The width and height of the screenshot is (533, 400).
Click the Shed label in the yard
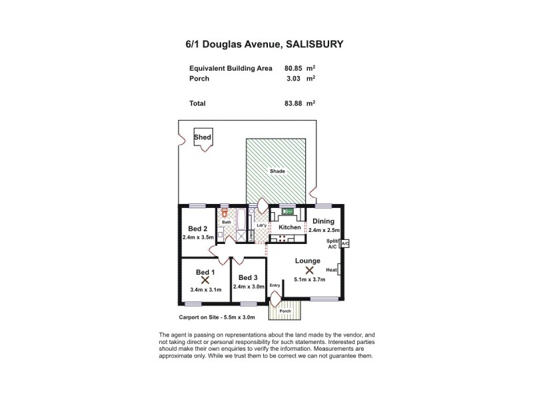pyautogui.click(x=203, y=137)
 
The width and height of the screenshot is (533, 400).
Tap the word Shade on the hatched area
pyautogui.click(x=277, y=171)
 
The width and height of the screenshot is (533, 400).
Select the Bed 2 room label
pyautogui.click(x=197, y=228)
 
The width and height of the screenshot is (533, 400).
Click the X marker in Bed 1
pyautogui.click(x=205, y=281)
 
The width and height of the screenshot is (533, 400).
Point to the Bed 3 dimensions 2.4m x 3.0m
pyautogui.click(x=248, y=287)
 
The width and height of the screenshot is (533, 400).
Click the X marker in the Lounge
pyautogui.click(x=309, y=270)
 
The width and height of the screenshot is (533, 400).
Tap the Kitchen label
pyautogui.click(x=290, y=227)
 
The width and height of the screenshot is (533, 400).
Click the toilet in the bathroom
pyautogui.click(x=225, y=213)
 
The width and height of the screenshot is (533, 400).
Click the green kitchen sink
pyautogui.click(x=288, y=213)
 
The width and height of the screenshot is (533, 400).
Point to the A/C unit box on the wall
pyautogui.click(x=344, y=244)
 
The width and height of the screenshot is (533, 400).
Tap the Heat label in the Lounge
pyautogui.click(x=330, y=269)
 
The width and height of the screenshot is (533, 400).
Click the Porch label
pyautogui.click(x=285, y=311)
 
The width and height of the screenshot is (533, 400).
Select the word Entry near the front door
pyautogui.click(x=274, y=285)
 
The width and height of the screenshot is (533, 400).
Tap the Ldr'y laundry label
pyautogui.click(x=261, y=225)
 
